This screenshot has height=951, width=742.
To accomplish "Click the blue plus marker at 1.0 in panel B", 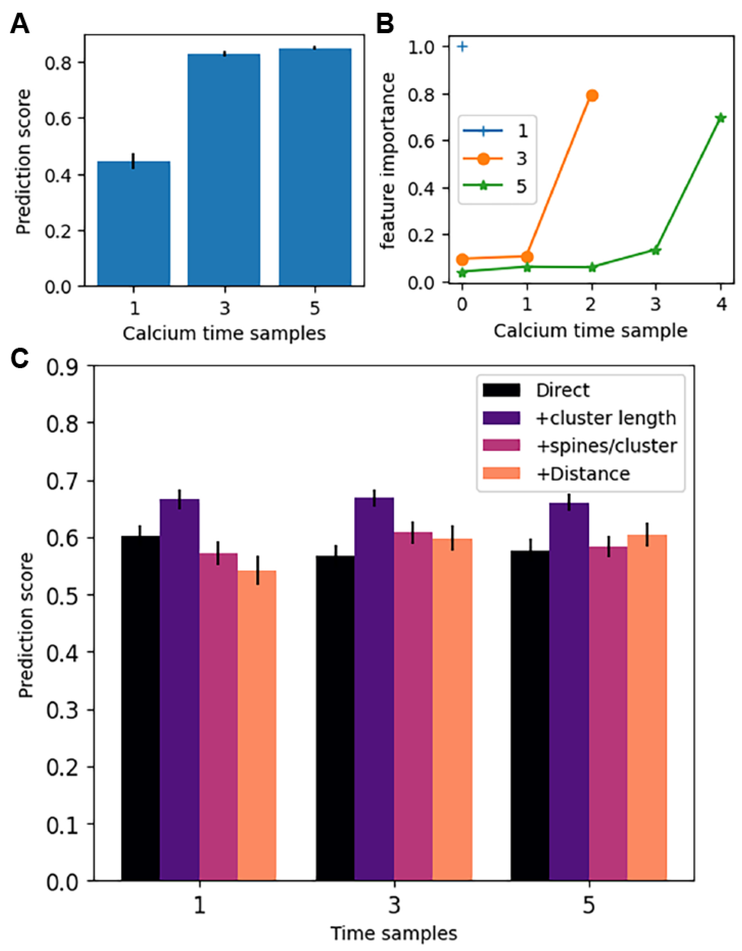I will [x=462, y=47].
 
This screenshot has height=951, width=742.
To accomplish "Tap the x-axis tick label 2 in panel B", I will [x=591, y=305].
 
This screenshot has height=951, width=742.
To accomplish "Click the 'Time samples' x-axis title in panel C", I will [x=394, y=934].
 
